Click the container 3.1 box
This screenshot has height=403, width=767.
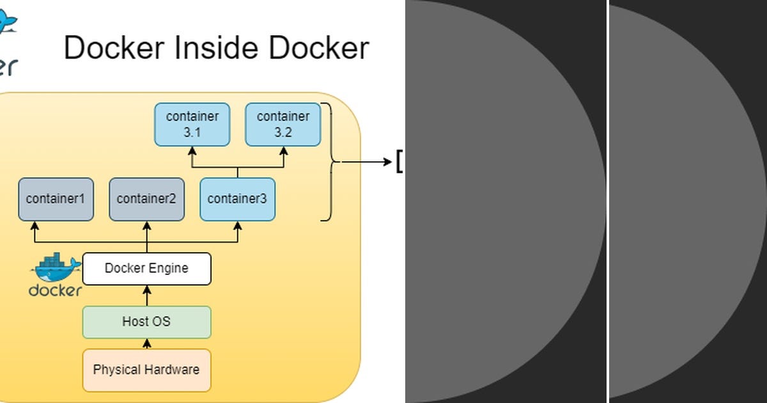click(x=192, y=124)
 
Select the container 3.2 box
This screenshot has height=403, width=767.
click(x=283, y=124)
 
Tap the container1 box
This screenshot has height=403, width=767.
click(x=56, y=199)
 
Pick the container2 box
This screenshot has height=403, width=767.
click(x=146, y=199)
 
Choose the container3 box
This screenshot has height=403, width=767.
click(x=237, y=199)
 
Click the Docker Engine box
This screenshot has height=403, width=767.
click(x=146, y=268)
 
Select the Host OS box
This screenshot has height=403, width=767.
click(x=146, y=322)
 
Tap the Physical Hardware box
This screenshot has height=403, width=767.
click(x=146, y=370)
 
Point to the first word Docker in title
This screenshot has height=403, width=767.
click(x=110, y=48)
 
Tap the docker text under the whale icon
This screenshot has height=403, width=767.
click(x=56, y=290)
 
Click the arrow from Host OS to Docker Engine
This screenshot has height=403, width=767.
click(x=146, y=296)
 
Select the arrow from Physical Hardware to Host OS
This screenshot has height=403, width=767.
click(x=146, y=344)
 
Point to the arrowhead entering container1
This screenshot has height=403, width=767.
click(x=35, y=226)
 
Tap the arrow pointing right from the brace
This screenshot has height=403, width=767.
click(x=368, y=162)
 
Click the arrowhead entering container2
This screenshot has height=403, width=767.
click(x=146, y=226)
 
